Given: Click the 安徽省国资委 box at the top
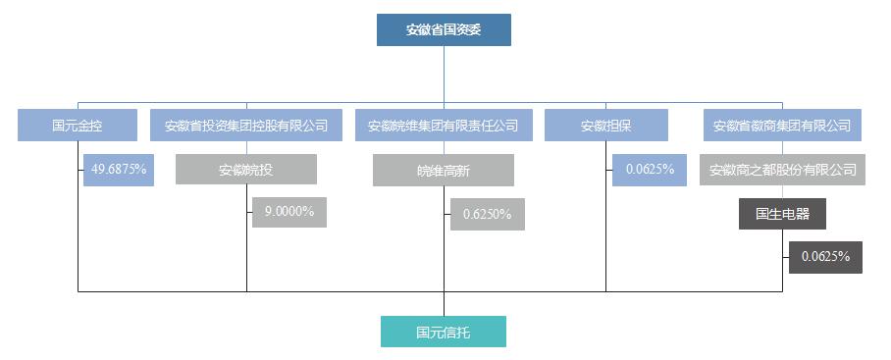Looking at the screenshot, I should tap(444, 29).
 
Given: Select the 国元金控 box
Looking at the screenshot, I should tap(78, 126).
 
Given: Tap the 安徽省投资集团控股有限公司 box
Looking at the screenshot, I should tap(246, 126).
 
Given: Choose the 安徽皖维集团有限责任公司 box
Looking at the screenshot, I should tap(444, 126).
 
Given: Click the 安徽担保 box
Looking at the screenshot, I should tap(605, 126).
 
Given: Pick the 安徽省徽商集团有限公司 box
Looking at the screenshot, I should tap(782, 126).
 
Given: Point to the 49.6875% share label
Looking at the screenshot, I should tap(119, 170).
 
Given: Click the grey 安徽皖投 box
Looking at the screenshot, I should tap(246, 170).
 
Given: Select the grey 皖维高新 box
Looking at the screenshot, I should tap(444, 171).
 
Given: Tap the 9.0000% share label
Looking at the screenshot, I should tap(289, 212).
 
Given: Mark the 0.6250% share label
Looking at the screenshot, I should tap(487, 215).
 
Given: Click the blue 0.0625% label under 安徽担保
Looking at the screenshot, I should tap(650, 170).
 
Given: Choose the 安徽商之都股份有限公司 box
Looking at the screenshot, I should tap(783, 170).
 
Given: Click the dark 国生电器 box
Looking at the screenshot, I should tap(782, 214).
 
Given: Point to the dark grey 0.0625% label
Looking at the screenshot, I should tap(825, 257).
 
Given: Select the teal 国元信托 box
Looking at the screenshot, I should tap(444, 332).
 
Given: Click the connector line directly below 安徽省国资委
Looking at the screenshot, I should tap(444, 74).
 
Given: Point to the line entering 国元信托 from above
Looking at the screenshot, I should tap(444, 304).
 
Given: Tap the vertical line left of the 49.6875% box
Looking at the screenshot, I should tap(79, 226).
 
